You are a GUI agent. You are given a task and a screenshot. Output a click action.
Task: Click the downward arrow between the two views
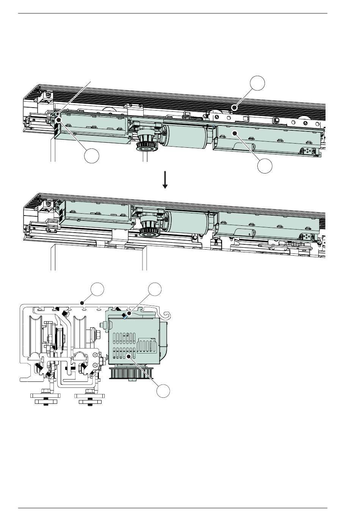[x=165, y=180]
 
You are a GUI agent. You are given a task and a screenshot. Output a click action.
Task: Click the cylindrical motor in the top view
[x=186, y=135]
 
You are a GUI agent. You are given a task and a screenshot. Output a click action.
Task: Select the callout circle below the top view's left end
[x=92, y=156]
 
